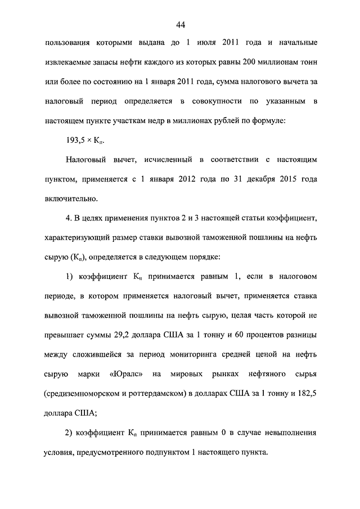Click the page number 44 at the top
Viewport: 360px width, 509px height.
coord(180,24)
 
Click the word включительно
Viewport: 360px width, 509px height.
coord(72,198)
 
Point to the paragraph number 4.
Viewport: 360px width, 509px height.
coord(69,217)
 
